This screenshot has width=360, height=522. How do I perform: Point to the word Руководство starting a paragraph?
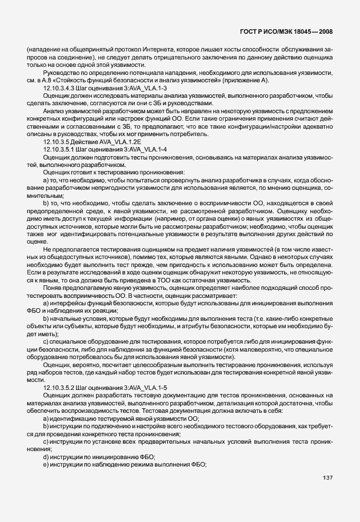point(61,73)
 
